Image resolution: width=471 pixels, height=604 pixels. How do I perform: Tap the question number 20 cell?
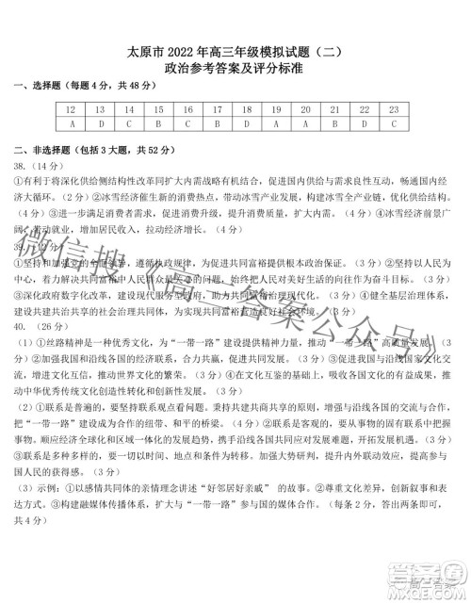coord(304,109)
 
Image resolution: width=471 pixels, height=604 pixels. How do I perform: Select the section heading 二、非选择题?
coord(42,151)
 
